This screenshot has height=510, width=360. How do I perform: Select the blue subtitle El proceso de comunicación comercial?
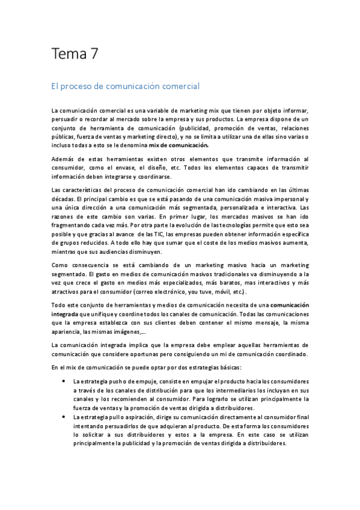pos(126,87)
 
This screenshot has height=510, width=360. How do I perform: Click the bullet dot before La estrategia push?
pos(64,382)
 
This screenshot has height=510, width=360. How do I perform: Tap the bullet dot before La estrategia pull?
pos(64,417)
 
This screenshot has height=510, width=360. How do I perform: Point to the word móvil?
pos(221,292)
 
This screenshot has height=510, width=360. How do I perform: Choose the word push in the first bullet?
pos(116,382)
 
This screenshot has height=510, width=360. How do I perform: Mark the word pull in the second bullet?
pos(115,417)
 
